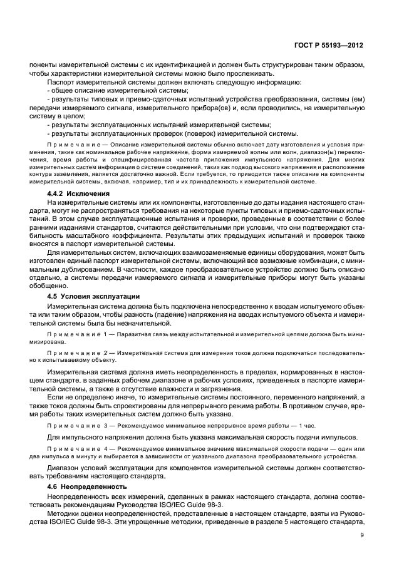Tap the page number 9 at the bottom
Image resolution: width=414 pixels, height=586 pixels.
click(363, 535)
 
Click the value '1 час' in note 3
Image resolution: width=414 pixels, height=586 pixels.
click(307, 425)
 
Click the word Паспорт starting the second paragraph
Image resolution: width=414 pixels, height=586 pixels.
click(63, 82)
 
